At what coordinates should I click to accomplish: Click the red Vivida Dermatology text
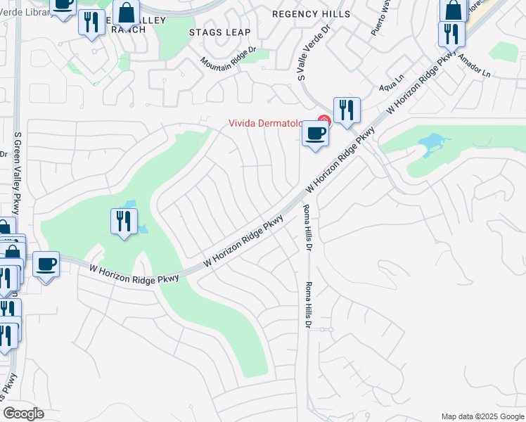tap(271, 123)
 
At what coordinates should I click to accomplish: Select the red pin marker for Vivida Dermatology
tap(324, 121)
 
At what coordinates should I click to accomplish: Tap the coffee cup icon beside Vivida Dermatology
tap(315, 133)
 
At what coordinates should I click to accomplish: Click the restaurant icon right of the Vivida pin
tap(346, 110)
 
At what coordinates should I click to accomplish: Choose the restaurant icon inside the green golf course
tap(124, 221)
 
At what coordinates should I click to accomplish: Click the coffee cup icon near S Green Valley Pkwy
tap(46, 264)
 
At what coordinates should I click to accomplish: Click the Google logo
tap(23, 414)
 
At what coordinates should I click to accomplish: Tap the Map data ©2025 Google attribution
tap(482, 416)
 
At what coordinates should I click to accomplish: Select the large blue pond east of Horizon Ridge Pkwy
tap(432, 145)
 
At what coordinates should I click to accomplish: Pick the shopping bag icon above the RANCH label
tap(126, 13)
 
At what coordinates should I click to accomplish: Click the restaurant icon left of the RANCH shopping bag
tap(91, 23)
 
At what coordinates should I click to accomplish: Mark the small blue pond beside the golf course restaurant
tap(143, 229)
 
